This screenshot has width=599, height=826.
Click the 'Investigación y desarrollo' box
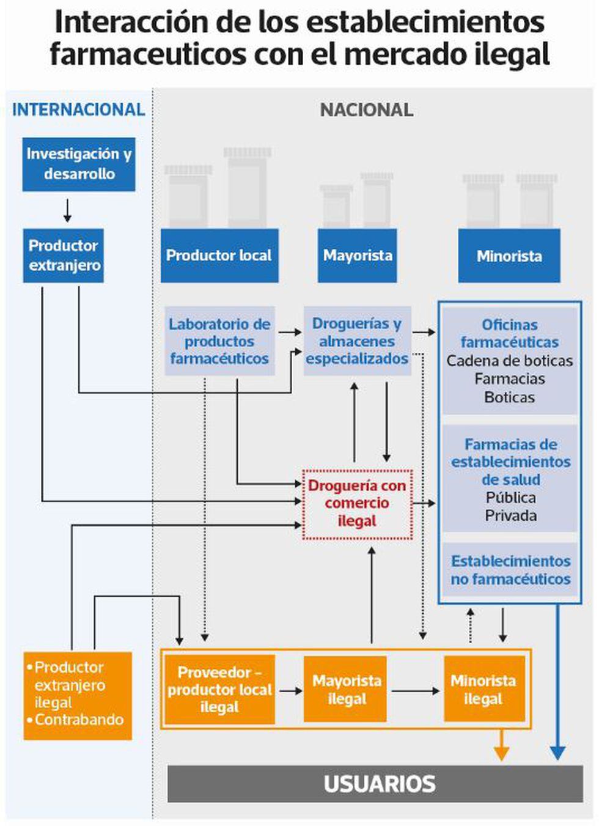(x=79, y=164)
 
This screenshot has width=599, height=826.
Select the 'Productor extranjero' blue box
(x=64, y=256)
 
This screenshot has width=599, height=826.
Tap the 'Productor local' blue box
(x=219, y=256)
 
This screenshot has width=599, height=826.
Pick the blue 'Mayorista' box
(x=358, y=256)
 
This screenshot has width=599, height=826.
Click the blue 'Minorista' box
(x=509, y=256)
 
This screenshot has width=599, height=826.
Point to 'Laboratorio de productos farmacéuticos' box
(x=219, y=341)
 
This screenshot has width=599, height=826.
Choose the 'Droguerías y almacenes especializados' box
(x=358, y=341)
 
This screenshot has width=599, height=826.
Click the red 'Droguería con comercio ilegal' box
(x=358, y=504)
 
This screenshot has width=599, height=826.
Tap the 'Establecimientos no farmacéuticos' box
(x=510, y=570)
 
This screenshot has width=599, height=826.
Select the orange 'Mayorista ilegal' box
(x=346, y=690)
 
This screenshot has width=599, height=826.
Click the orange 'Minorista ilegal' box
(x=483, y=690)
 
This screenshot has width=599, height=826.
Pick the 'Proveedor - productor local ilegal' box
(x=219, y=690)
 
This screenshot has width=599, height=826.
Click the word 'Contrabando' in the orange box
(x=79, y=720)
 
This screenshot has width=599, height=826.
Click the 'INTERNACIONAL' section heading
(x=79, y=109)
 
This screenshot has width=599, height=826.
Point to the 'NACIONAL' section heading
(x=367, y=110)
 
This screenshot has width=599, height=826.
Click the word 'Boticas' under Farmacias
(x=510, y=397)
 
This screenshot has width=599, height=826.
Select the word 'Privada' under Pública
(x=511, y=516)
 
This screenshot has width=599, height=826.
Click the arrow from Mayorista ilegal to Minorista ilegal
(x=415, y=691)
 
